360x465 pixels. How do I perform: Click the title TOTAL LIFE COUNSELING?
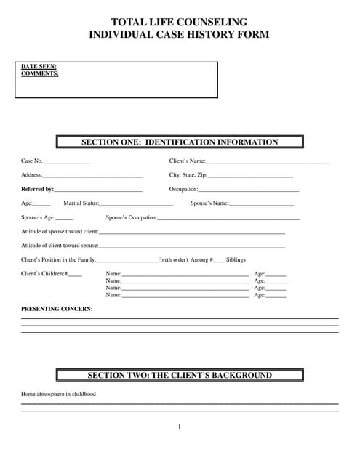179,23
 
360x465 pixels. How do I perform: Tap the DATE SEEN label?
39,67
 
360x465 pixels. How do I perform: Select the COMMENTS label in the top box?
40,73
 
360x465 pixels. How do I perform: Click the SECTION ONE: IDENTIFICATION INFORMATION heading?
179,142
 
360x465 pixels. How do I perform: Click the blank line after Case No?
67,161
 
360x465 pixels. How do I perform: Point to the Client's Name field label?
187,161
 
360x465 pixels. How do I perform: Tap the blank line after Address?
92,176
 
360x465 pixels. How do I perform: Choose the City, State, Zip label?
188,175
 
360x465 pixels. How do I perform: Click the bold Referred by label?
38,190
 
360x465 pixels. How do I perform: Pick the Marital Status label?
81,203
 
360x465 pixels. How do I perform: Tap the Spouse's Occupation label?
131,217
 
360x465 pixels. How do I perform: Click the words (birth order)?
174,259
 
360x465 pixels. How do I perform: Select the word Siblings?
236,259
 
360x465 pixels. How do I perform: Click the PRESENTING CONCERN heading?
57,309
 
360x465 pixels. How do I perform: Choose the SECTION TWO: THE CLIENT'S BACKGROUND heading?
180,376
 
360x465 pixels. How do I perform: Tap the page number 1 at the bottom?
179,426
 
